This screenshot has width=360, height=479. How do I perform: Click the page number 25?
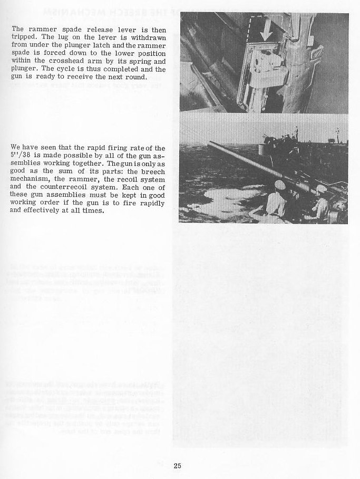[177, 465]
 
